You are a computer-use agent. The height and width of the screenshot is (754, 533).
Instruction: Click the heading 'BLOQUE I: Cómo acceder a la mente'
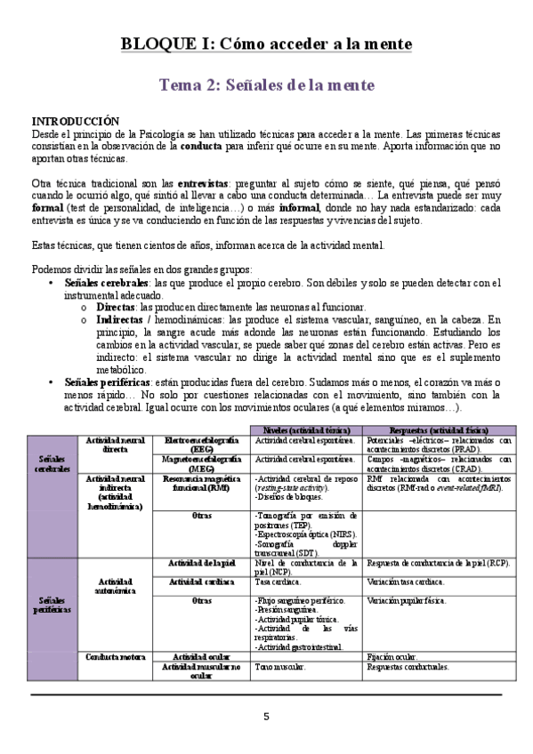[x=266, y=44]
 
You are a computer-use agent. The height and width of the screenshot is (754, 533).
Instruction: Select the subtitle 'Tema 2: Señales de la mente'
[x=266, y=85]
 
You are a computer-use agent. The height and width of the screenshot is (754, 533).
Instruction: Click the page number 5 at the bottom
[x=266, y=717]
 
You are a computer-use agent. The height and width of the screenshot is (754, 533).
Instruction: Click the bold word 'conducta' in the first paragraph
[x=202, y=146]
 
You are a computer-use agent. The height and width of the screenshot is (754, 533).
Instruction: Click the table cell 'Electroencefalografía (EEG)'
[x=200, y=445]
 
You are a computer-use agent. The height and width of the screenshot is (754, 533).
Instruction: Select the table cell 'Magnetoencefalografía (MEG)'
[x=200, y=462]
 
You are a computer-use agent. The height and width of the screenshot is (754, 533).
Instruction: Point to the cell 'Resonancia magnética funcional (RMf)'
[x=200, y=484]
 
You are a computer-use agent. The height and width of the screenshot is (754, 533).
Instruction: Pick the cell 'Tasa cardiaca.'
[x=275, y=581]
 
